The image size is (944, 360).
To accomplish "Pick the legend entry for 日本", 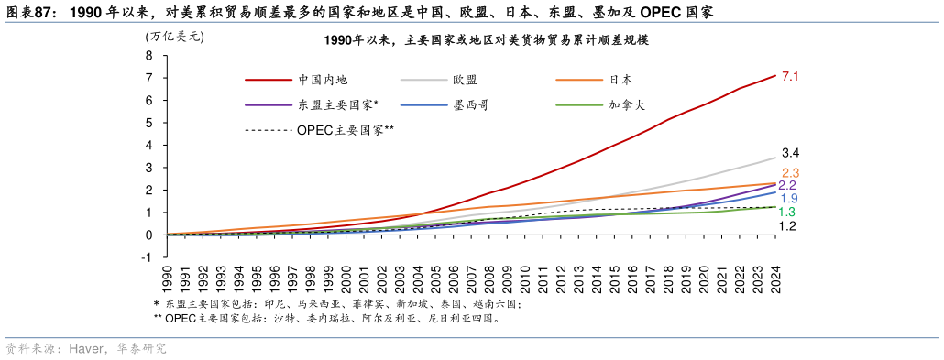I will coord(620,81).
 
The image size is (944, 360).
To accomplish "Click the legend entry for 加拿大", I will coord(627,105).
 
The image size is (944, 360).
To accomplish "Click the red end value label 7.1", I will coord(791,77).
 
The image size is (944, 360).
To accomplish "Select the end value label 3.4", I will coord(791,153).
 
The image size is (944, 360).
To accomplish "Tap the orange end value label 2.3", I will coord(791,173).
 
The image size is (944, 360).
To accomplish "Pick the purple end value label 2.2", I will coord(787,186).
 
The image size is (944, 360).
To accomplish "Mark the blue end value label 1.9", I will coord(788,198).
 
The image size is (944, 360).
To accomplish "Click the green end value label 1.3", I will coord(786,212).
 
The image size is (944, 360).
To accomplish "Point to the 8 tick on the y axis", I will coord(148,55).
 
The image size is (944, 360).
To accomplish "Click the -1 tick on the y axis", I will coord(147,257).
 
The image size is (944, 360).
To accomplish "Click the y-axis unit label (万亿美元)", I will coord(175,38).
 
